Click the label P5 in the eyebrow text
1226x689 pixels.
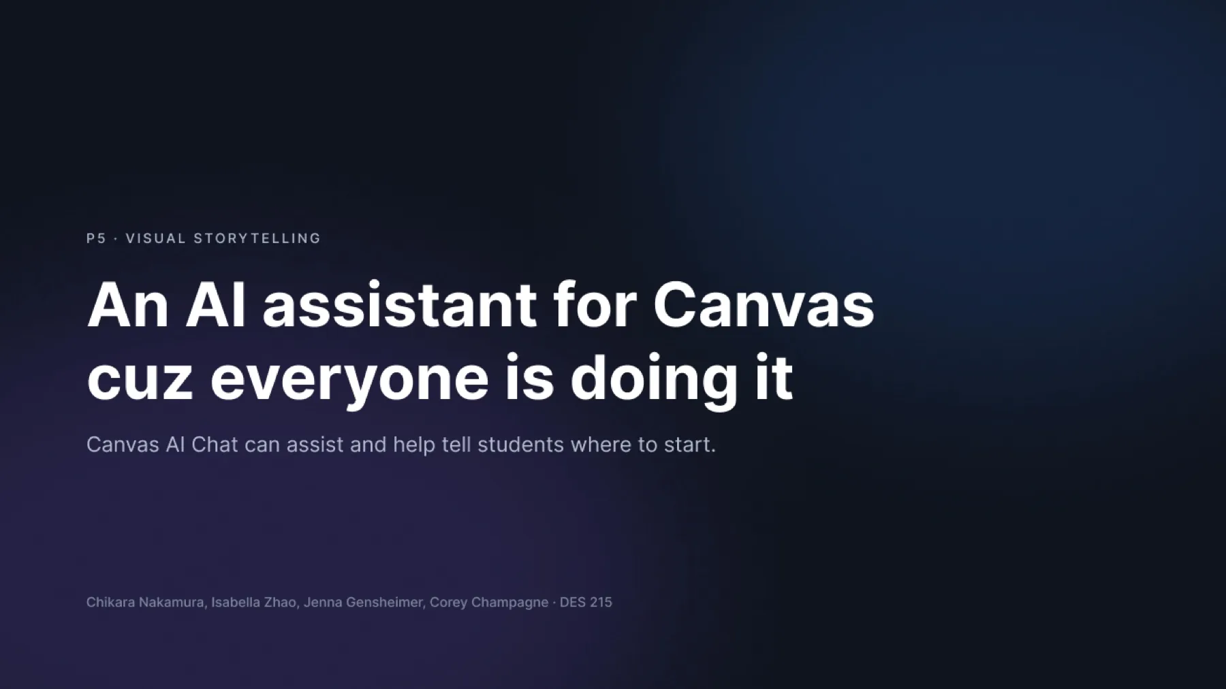(96, 238)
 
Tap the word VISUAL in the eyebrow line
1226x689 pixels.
(156, 238)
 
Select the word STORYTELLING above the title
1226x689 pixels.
(257, 238)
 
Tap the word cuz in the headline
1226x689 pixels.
(140, 379)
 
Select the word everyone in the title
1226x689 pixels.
(349, 381)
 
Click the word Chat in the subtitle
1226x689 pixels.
(215, 445)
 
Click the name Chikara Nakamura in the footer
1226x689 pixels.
(144, 602)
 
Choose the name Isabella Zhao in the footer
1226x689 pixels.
(253, 602)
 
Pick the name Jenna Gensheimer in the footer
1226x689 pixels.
(362, 602)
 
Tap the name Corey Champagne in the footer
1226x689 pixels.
(489, 603)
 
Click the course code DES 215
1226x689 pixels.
(586, 602)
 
